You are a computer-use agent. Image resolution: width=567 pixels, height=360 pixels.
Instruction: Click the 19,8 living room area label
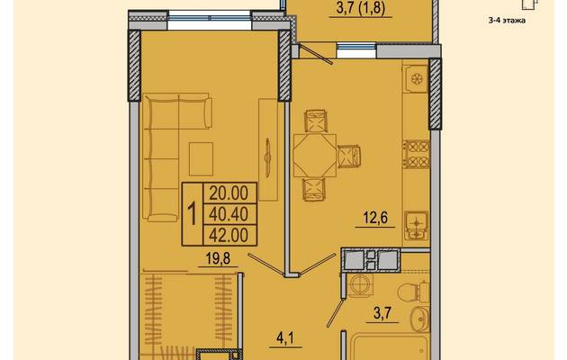point(218,259)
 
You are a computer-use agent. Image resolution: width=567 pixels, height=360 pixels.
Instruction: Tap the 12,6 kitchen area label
point(375,218)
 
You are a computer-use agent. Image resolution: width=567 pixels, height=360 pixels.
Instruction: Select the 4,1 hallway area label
point(285,338)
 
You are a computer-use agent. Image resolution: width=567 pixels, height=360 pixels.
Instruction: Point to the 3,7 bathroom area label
point(382,313)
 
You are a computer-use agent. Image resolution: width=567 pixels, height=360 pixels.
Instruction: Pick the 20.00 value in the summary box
point(229,193)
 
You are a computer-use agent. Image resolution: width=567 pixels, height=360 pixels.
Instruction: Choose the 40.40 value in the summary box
point(229,214)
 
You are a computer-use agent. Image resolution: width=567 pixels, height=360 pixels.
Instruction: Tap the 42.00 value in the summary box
point(229,235)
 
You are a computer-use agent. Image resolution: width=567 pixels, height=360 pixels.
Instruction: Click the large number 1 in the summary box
point(193,214)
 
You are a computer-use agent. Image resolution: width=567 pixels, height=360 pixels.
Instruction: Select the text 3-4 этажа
point(507,21)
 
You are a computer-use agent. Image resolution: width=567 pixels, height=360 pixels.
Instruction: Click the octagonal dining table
point(315,156)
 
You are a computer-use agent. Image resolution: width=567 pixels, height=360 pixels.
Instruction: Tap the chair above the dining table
point(316,121)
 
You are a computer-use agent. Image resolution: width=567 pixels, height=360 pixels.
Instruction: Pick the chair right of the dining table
point(350,156)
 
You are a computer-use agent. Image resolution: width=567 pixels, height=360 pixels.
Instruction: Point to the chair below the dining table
point(314,190)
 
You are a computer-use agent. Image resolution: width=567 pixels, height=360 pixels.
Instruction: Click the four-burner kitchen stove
point(417,154)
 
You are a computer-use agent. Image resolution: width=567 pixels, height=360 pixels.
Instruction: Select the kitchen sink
point(416,226)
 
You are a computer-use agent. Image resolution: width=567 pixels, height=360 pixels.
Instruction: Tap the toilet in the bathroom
point(413,291)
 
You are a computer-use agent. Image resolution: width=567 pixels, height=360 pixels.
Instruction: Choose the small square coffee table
point(201,159)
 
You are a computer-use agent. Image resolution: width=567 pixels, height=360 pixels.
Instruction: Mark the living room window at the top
point(210,20)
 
